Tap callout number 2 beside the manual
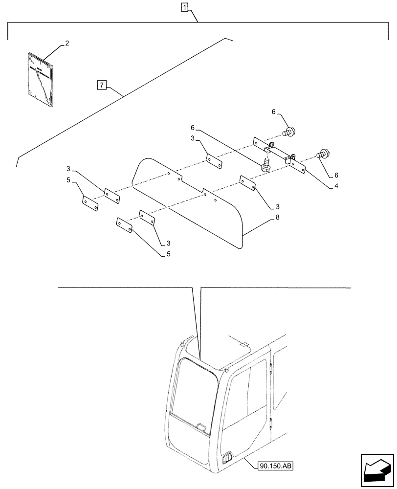click(x=67, y=44)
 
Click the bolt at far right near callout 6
click(x=323, y=154)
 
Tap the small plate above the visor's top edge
click(x=214, y=161)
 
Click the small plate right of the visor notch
click(x=247, y=184)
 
